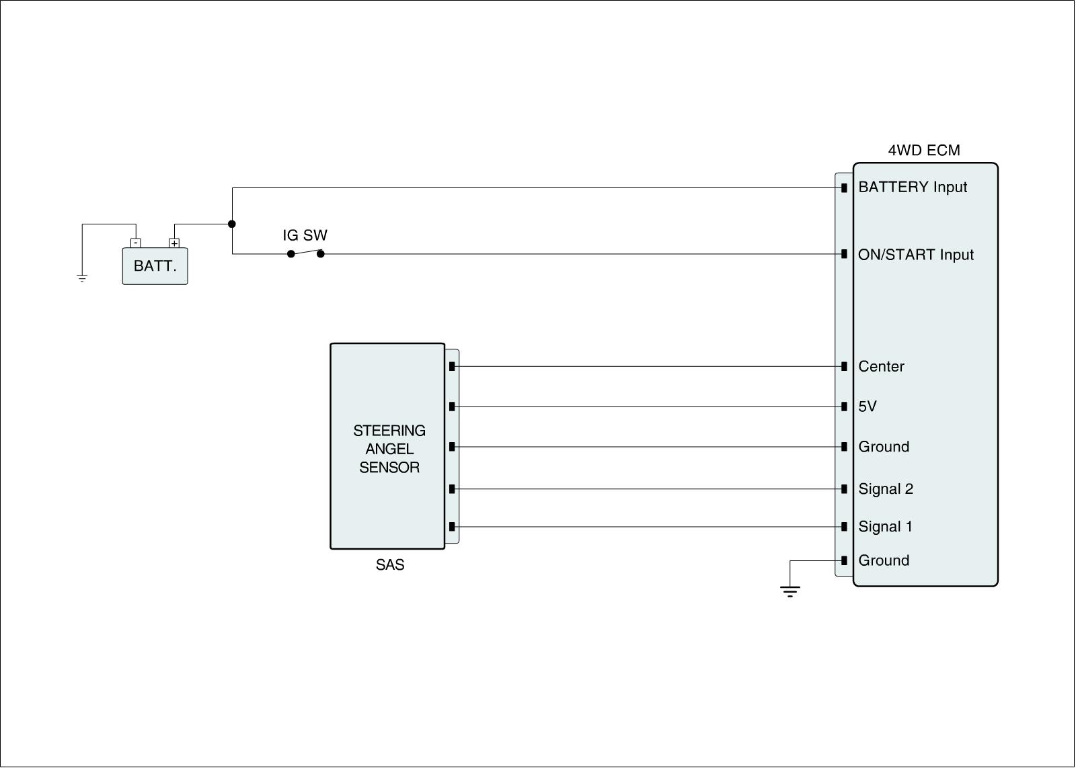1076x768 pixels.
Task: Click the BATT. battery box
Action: [155, 266]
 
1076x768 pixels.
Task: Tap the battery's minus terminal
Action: [136, 243]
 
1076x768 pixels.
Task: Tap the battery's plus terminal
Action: [174, 243]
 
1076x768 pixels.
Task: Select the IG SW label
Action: [305, 235]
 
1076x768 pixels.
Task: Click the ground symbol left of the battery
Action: [82, 278]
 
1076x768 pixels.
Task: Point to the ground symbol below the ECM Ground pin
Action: [790, 591]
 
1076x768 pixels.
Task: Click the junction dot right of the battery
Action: [232, 224]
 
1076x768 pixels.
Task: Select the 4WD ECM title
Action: [924, 151]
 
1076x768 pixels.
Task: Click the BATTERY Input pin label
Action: [913, 187]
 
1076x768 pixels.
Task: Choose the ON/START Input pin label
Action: [915, 255]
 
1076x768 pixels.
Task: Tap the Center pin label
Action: [881, 367]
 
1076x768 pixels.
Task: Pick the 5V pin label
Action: [868, 407]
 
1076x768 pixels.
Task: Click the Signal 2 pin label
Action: [886, 489]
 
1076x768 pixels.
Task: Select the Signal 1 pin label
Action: [885, 527]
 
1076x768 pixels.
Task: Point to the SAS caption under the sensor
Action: [390, 565]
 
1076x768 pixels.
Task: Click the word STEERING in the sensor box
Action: [389, 431]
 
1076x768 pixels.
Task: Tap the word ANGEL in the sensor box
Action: [389, 449]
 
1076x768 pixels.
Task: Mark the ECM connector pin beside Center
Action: [844, 366]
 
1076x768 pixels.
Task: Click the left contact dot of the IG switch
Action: [291, 254]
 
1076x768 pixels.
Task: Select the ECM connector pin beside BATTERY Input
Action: [844, 187]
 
